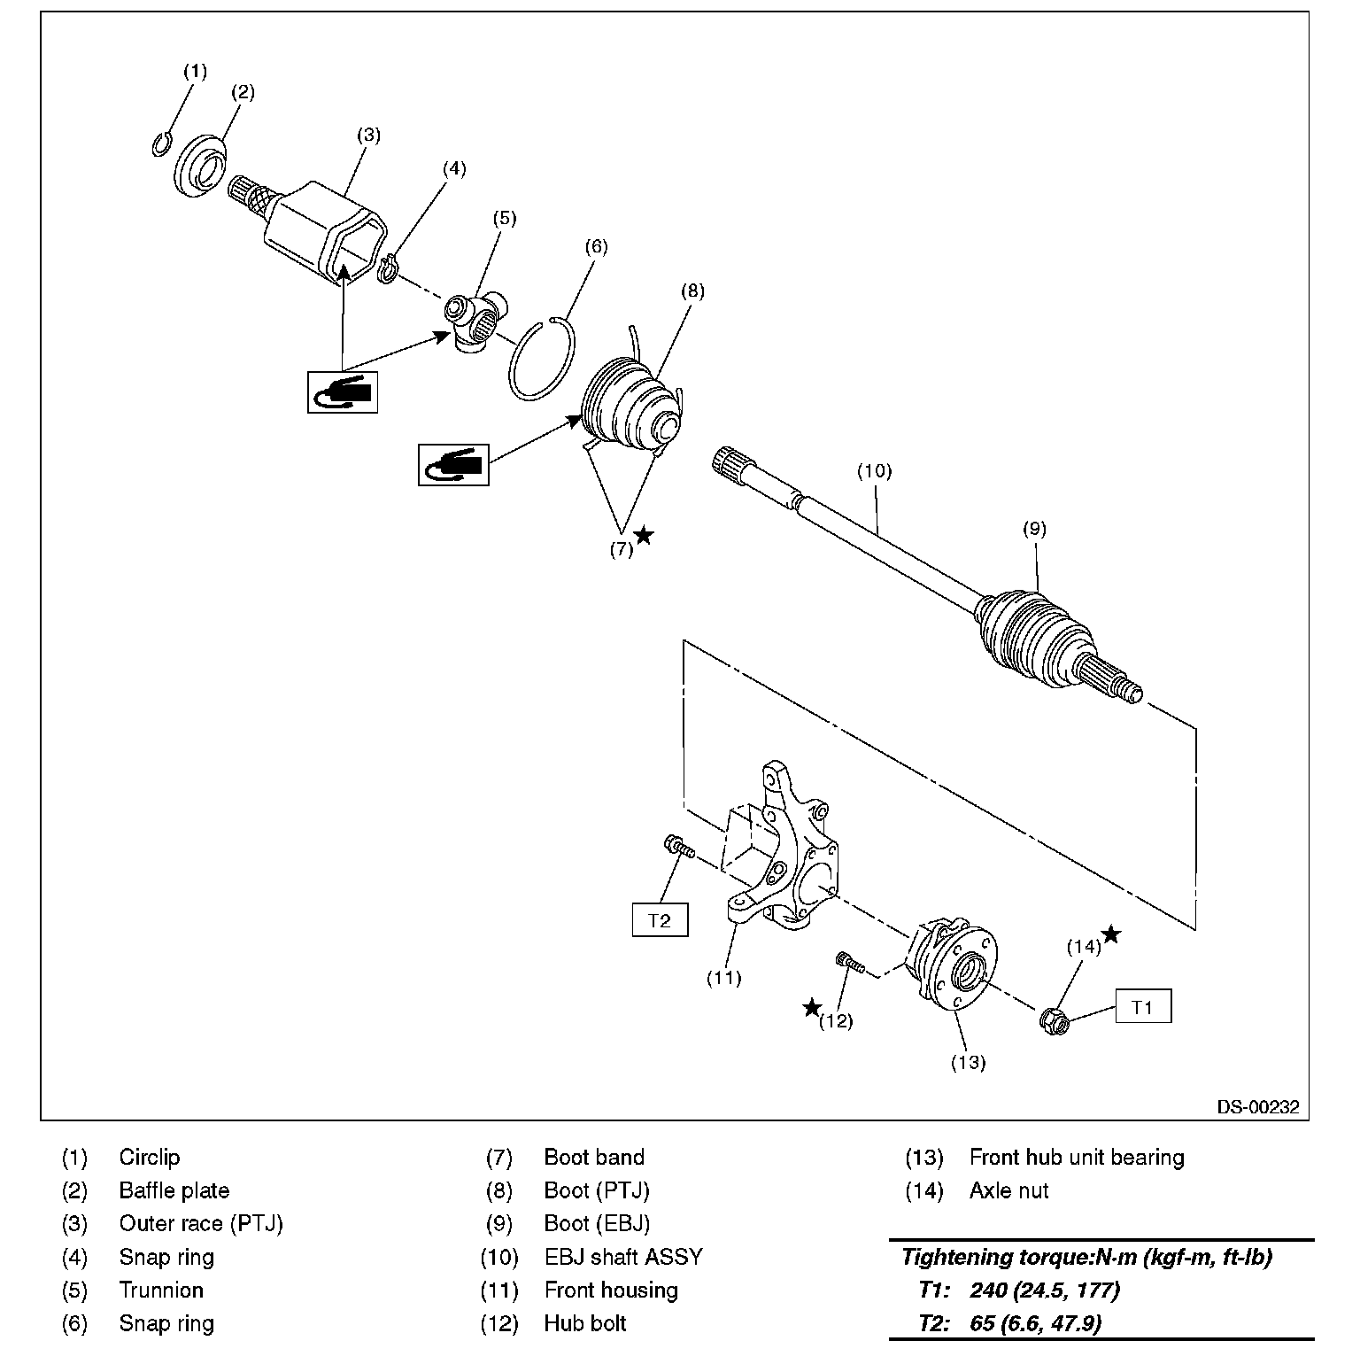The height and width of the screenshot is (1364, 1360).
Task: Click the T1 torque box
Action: pos(1142,1007)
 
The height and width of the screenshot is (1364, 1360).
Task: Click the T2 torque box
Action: pos(660,920)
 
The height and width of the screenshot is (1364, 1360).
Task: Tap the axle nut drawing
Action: pos(1055,1020)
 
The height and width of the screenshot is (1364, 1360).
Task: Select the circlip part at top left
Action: pos(161,143)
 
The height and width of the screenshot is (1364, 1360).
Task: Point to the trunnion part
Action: pos(475,322)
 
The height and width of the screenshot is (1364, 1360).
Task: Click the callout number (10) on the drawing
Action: pos(874,471)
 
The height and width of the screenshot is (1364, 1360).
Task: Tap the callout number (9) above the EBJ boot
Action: pos(1034,529)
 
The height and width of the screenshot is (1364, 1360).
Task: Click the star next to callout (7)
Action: pos(645,535)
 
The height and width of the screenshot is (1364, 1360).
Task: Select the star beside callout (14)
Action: pos(1111,934)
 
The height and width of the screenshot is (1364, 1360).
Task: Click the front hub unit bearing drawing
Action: pos(953,969)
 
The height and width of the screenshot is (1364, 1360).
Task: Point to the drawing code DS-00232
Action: pos(1257,1106)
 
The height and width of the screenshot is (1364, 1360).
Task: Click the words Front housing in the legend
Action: pos(611,1290)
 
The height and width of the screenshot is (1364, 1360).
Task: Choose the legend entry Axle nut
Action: pos(1008,1190)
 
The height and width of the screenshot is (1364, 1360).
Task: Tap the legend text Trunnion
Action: pos(161,1290)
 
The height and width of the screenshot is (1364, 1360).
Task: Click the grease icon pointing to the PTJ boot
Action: pos(453,464)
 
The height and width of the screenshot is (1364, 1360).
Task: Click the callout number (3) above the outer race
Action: pos(368,135)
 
